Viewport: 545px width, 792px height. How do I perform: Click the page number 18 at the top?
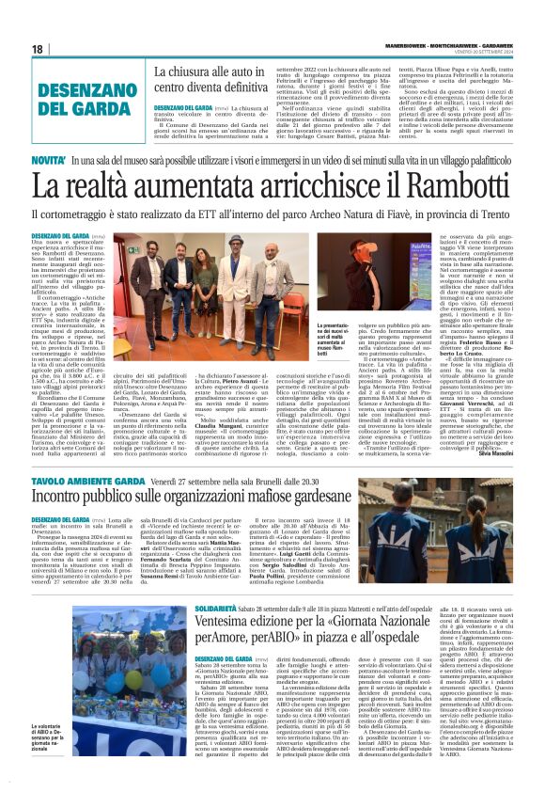coord(38,49)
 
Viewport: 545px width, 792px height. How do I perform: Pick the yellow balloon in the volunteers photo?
coord(132,680)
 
